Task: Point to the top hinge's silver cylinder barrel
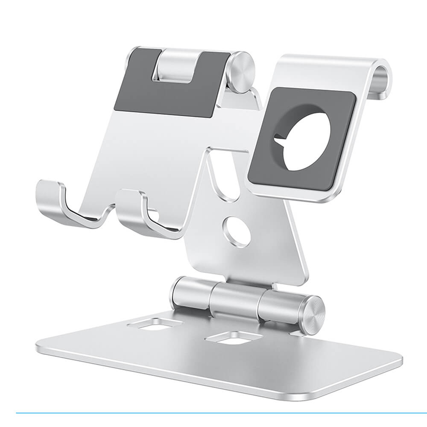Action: point(175,66)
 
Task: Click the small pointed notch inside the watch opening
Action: point(280,138)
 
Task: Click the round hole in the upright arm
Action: point(236,231)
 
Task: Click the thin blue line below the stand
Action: point(213,413)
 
